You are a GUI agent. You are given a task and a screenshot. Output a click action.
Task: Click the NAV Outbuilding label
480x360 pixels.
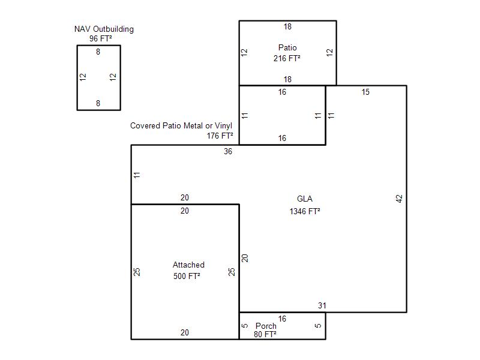click(104, 29)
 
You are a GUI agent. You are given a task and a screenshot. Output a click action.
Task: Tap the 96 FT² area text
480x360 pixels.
click(100, 38)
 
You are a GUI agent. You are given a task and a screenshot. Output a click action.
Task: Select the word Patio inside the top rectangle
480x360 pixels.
click(287, 47)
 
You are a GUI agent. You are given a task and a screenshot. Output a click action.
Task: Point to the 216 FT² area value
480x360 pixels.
click(287, 58)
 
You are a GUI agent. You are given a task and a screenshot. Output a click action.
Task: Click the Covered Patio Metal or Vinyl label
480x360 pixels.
click(181, 125)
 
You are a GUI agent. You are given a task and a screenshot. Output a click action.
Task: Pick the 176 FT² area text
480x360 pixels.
click(220, 136)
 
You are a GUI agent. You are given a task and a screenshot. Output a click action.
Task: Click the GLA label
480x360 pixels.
click(305, 199)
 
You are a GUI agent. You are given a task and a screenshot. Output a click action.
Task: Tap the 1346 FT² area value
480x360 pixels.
click(305, 211)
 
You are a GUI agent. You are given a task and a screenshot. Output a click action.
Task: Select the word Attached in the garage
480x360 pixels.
click(188, 265)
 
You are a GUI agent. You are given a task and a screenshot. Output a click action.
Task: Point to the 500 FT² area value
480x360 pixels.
click(187, 276)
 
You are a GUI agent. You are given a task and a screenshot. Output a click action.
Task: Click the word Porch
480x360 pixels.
click(266, 326)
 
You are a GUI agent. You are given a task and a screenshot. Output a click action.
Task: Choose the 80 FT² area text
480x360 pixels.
click(265, 334)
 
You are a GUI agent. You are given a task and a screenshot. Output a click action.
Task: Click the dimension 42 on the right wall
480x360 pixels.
click(399, 199)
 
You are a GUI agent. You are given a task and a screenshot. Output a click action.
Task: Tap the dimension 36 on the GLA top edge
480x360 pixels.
click(228, 152)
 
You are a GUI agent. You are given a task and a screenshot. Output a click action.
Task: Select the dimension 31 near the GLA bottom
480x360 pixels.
click(322, 305)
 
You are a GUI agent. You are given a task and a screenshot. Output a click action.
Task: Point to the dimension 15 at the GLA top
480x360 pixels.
click(365, 92)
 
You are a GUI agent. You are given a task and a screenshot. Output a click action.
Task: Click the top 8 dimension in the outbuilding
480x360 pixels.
click(98, 52)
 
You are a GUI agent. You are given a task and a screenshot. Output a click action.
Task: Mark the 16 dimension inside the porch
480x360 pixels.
click(282, 319)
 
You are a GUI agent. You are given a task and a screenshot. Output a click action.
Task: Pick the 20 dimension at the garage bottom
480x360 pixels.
click(185, 332)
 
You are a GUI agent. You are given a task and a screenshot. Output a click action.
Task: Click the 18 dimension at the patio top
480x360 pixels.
click(287, 26)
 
